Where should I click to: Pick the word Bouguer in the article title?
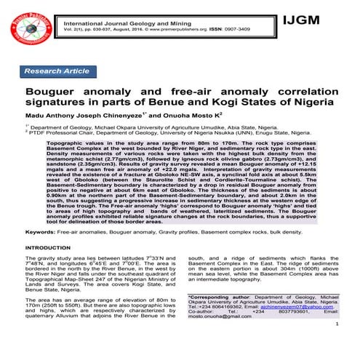[x=52, y=94]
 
